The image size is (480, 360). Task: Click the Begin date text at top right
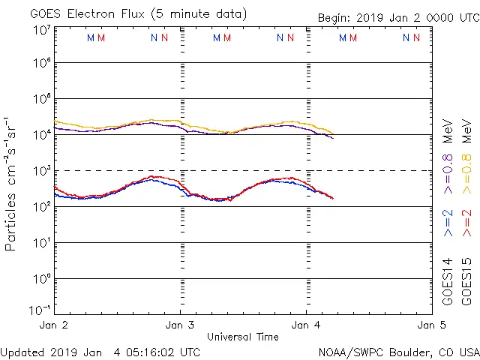pos(397,17)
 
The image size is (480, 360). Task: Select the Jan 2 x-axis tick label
pos(54,325)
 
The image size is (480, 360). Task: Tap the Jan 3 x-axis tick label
pos(180,325)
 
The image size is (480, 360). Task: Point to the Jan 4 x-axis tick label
pos(306,325)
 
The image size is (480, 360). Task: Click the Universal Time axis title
pos(243,337)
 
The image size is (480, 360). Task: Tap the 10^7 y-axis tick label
pos(41,30)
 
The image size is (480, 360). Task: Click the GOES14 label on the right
pos(448,281)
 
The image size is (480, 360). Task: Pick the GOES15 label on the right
pos(466,281)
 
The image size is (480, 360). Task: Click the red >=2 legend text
pos(466,223)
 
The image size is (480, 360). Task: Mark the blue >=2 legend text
pos(448,223)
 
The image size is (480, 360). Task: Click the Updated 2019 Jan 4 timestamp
pos(100,352)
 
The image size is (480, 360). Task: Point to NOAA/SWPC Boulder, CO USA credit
pos(397,352)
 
